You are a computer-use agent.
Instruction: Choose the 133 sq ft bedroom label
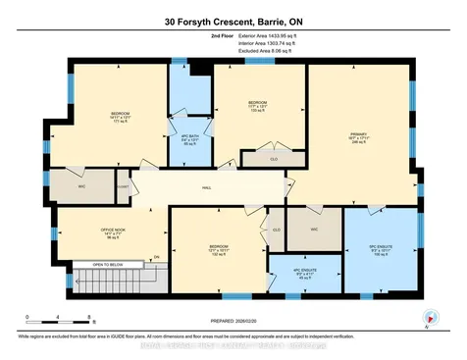pos(257,107)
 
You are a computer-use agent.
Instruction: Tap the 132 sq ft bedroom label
pos(219,246)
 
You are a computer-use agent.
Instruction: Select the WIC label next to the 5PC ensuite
pos(314,231)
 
